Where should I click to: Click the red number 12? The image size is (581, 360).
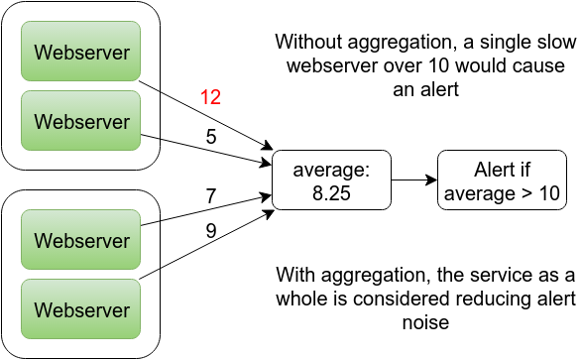pyautogui.click(x=209, y=97)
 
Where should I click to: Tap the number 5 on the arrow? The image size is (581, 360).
pyautogui.click(x=210, y=137)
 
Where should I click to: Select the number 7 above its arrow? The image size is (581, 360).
pyautogui.click(x=210, y=196)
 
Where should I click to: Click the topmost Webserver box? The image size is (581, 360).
pyautogui.click(x=82, y=51)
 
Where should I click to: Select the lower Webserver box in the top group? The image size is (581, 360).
pyautogui.click(x=82, y=121)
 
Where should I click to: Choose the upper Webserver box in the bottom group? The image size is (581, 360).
pyautogui.click(x=82, y=240)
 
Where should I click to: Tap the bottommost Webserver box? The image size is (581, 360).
pyautogui.click(x=82, y=310)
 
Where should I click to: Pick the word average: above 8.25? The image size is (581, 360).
pyautogui.click(x=332, y=171)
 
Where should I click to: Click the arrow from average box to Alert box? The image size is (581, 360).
pyautogui.click(x=414, y=180)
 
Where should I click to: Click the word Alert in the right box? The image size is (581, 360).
pyautogui.click(x=483, y=171)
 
